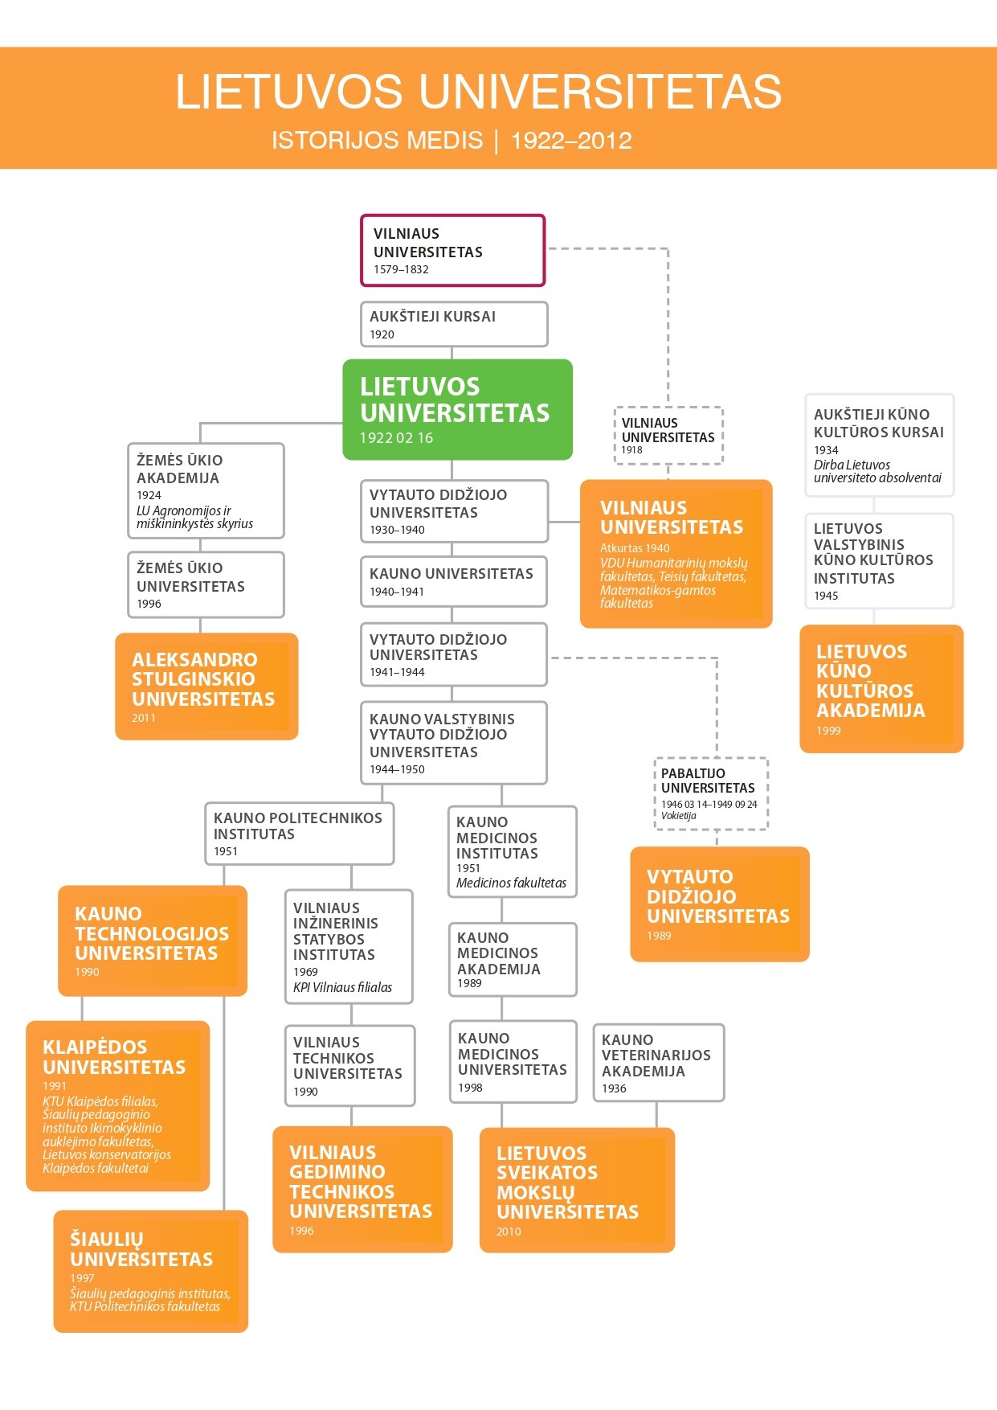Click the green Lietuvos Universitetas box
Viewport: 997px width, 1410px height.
click(x=457, y=409)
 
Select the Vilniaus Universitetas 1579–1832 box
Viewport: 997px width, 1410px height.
click(x=452, y=250)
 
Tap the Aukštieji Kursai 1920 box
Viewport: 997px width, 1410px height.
click(x=454, y=324)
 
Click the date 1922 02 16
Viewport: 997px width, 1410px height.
click(x=396, y=438)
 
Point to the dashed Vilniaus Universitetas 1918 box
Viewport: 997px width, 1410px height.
click(x=668, y=435)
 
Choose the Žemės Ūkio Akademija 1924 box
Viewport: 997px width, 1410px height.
click(x=206, y=490)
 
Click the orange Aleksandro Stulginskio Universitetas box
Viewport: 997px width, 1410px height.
click(x=206, y=686)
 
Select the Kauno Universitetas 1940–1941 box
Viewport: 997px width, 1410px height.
click(x=454, y=581)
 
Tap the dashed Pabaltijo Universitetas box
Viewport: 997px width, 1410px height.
click(x=711, y=793)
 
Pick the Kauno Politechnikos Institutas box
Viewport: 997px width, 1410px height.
click(x=299, y=834)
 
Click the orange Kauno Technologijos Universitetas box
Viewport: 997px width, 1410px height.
click(x=152, y=941)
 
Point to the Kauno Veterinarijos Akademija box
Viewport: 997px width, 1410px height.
click(x=658, y=1062)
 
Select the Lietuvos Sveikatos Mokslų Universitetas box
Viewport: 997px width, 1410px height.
click(x=576, y=1190)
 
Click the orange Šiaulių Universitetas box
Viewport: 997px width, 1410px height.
click(x=150, y=1271)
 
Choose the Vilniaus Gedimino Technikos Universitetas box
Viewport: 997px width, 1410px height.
click(x=362, y=1189)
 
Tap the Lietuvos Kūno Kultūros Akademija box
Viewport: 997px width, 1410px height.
click(x=881, y=688)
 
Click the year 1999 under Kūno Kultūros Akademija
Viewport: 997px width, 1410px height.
click(x=828, y=731)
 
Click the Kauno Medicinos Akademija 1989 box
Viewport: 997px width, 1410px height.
click(x=513, y=959)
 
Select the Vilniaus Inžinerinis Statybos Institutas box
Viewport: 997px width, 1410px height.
click(x=349, y=946)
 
